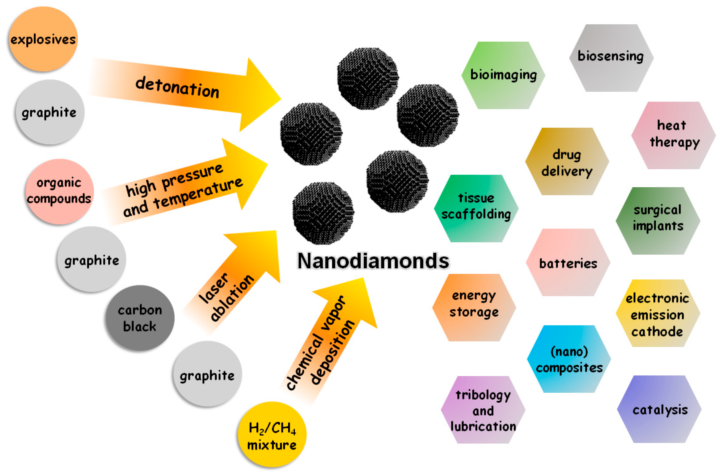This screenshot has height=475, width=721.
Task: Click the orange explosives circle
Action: pyautogui.click(x=43, y=39)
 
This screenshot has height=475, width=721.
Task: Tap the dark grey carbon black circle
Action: pyautogui.click(x=140, y=318)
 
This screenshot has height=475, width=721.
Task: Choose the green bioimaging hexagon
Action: pyautogui.click(x=503, y=75)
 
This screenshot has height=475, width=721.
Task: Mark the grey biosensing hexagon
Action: pyautogui.click(x=611, y=57)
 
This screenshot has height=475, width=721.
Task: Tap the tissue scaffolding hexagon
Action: pyautogui.click(x=476, y=209)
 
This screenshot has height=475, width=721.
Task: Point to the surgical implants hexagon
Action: pyautogui.click(x=658, y=220)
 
